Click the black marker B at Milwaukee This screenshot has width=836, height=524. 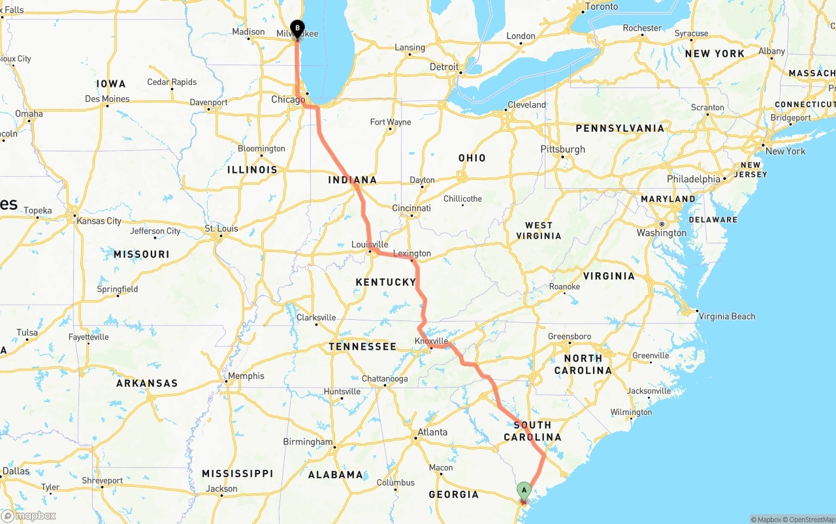click(298, 28)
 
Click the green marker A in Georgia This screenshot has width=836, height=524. click(524, 490)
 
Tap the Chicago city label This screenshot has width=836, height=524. click(287, 100)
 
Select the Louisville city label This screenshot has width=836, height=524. click(370, 245)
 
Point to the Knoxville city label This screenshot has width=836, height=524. click(431, 341)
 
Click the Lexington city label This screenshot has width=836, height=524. click(412, 253)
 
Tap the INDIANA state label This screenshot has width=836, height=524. click(352, 180)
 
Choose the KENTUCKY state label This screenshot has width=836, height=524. click(385, 282)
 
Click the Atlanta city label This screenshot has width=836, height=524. click(432, 432)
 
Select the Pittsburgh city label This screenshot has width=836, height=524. click(562, 149)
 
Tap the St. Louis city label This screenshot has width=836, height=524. click(221, 229)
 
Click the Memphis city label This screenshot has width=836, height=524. click(246, 376)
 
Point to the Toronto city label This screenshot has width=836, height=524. click(602, 7)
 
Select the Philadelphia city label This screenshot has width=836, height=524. click(693, 179)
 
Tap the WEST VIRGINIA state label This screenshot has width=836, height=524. click(539, 230)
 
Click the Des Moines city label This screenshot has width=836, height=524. click(108, 99)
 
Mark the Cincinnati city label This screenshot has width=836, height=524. click(411, 208)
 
